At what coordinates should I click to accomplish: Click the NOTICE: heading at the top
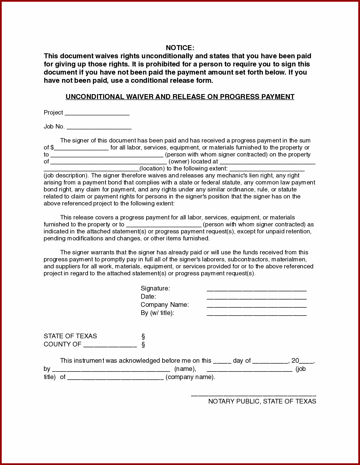click(x=180, y=48)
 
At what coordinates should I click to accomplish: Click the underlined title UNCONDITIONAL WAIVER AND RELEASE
click(x=180, y=97)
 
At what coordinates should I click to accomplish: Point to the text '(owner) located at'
click(x=193, y=162)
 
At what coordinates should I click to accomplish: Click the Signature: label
click(x=155, y=288)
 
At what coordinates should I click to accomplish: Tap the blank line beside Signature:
click(x=257, y=290)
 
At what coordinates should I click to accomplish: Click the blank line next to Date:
click(x=257, y=298)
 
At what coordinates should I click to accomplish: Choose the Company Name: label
click(x=165, y=305)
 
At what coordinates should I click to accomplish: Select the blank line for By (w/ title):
click(x=257, y=314)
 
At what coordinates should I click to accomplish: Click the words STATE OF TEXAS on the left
click(x=70, y=336)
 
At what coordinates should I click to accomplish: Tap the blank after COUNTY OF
click(x=110, y=346)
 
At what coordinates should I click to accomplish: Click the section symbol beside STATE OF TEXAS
click(x=143, y=337)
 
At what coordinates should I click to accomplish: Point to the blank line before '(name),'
click(x=111, y=370)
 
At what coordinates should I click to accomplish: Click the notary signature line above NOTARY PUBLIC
click(x=253, y=394)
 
